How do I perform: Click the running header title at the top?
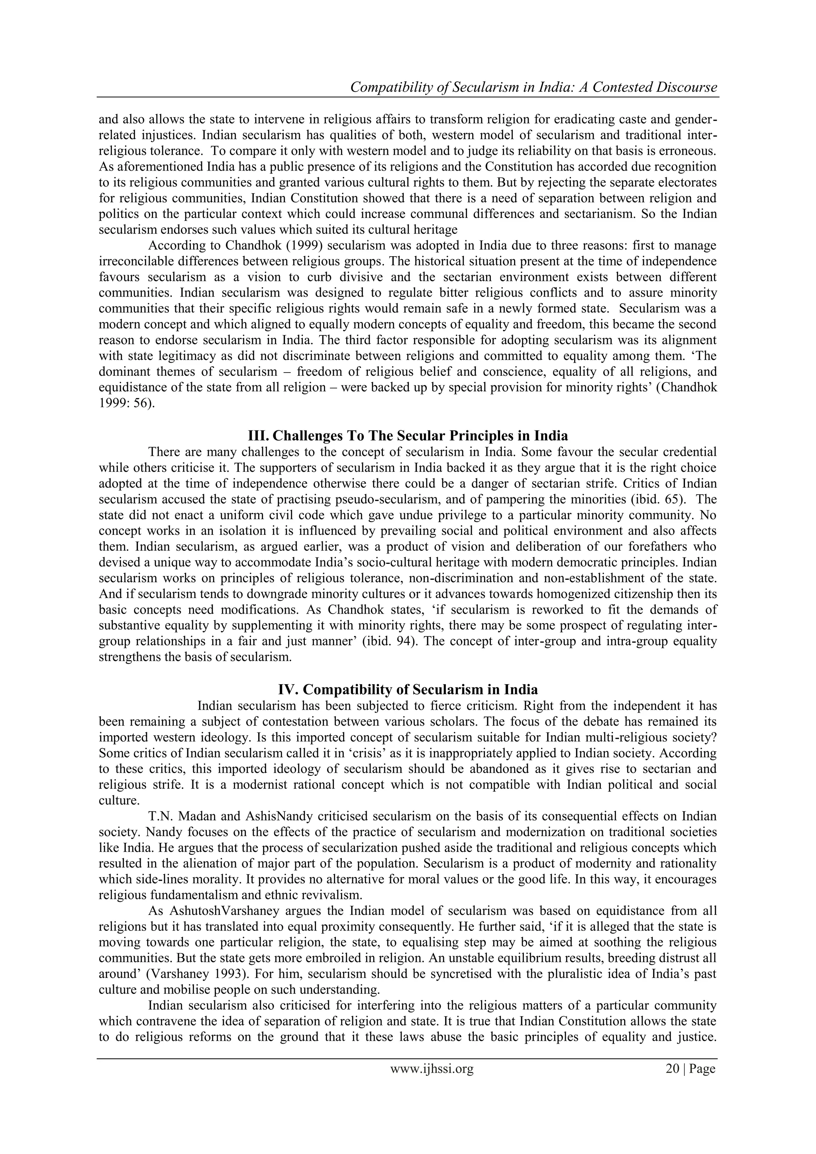point(533,87)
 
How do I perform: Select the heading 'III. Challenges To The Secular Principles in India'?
point(408,434)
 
